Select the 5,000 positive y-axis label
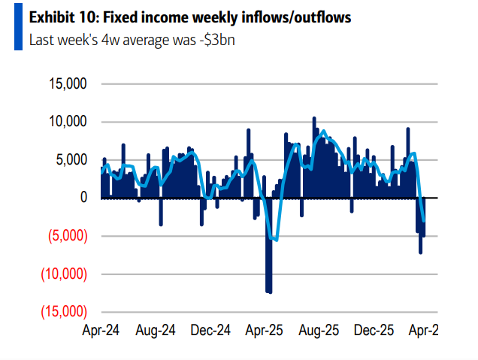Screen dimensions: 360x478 click(x=73, y=159)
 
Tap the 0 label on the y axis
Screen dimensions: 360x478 click(x=84, y=198)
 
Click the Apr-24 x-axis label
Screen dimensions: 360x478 click(x=102, y=331)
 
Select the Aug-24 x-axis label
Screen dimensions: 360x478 click(x=157, y=331)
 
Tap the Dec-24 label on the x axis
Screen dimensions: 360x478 click(x=211, y=331)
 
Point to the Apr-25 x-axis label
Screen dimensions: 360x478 click(x=265, y=331)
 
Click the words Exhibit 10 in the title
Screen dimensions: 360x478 click(x=57, y=16)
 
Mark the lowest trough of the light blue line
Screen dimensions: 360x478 click(x=276, y=241)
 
